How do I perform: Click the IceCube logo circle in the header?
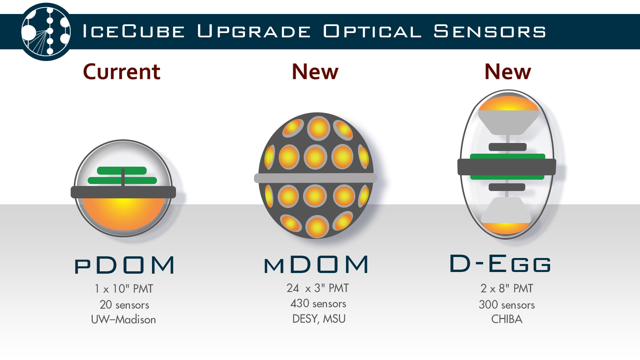46,32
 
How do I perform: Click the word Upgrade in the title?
254,31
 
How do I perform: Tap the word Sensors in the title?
490,31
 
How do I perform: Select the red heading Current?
122,72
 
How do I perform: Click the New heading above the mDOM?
315,72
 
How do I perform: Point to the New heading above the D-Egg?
508,72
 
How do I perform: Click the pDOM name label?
124,265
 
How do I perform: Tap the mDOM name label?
316,265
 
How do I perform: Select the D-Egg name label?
500,263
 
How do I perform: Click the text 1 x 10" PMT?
124,289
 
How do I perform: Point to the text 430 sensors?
318,304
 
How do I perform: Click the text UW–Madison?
123,320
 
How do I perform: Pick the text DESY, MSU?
319,319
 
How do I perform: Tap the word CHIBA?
507,319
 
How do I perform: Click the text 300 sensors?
507,305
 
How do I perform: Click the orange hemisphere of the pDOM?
123,213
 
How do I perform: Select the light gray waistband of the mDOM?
315,178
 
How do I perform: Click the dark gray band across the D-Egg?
507,167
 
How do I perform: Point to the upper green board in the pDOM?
122,171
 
